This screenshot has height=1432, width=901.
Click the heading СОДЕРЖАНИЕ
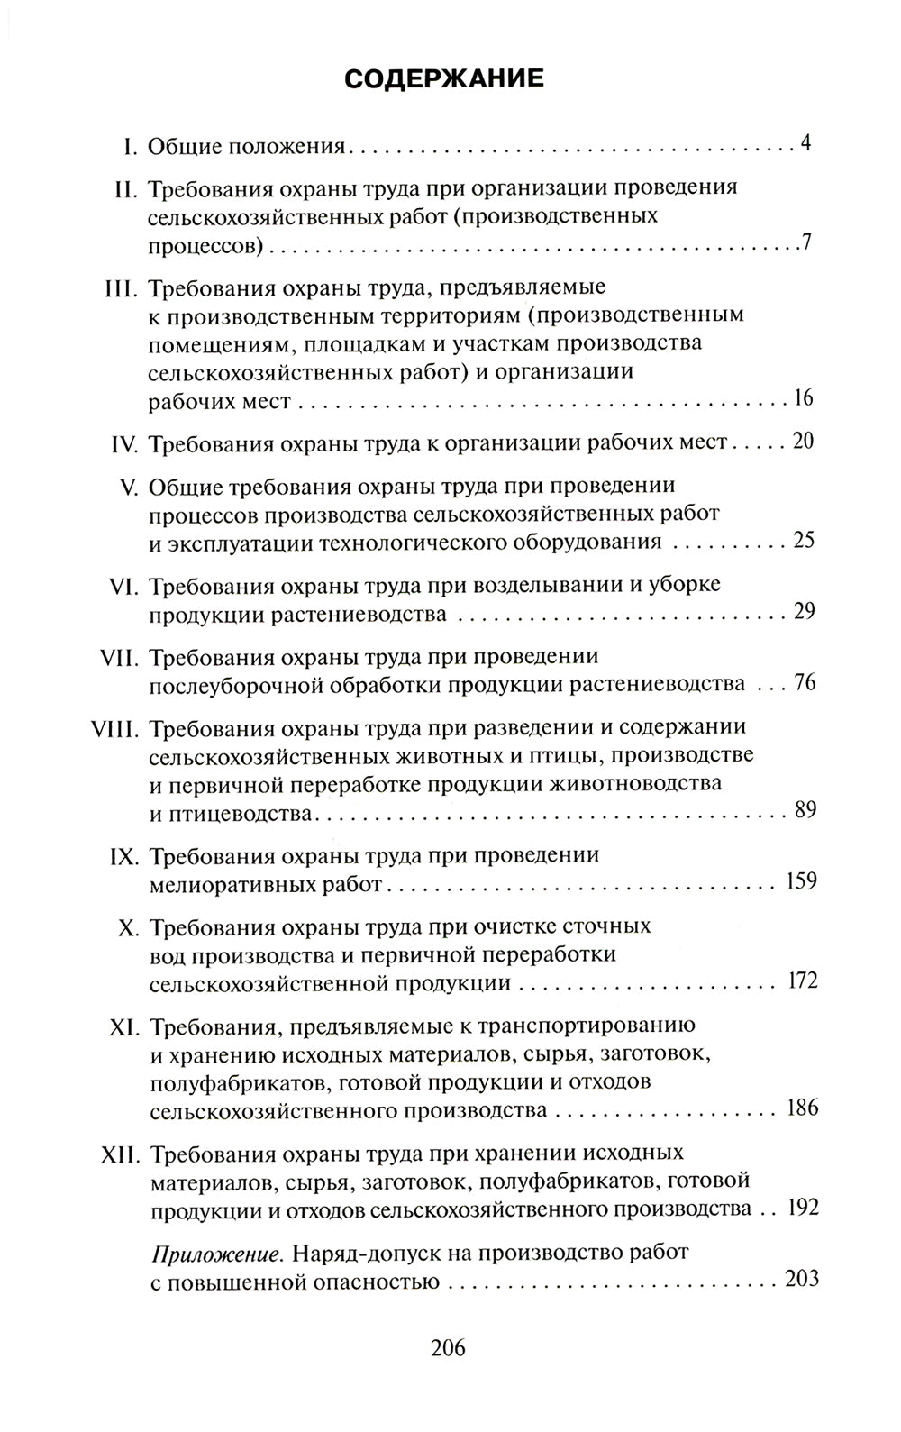pos(445,78)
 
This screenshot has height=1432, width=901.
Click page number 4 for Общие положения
pos(806,143)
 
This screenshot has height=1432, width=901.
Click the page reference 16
pos(804,399)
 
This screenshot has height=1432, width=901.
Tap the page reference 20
pos(803,442)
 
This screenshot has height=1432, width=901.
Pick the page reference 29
pos(804,612)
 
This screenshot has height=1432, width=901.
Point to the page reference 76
pos(804,682)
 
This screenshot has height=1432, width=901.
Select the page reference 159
pos(800,880)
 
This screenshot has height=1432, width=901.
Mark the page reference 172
pos(800,980)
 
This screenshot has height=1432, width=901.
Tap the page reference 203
pos(800,1279)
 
